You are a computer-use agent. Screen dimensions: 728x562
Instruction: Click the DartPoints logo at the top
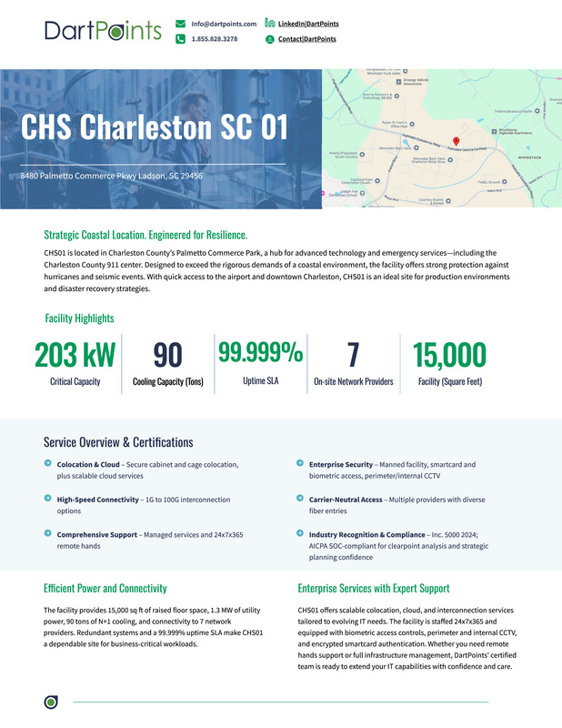tap(103, 31)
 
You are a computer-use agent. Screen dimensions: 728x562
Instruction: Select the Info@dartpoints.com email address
tap(224, 23)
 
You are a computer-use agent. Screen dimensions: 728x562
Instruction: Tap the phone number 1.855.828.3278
tap(215, 39)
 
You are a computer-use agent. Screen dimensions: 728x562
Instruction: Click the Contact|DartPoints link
tap(306, 39)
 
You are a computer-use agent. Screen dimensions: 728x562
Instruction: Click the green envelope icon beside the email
tap(181, 23)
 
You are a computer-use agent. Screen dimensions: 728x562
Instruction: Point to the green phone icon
tap(181, 39)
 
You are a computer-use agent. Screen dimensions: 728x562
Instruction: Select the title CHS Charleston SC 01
tap(148, 127)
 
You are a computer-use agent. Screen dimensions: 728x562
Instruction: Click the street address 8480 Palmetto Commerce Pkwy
tap(112, 176)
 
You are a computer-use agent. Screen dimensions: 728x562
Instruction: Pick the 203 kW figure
tap(75, 355)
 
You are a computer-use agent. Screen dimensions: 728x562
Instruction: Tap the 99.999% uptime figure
tap(260, 351)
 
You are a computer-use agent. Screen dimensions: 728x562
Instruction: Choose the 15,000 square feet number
tap(449, 355)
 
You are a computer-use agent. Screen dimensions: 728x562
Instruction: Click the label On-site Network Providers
tap(354, 382)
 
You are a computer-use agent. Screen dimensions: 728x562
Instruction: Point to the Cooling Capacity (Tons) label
tap(168, 382)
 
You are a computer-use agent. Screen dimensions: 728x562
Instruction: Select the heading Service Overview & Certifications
tap(118, 442)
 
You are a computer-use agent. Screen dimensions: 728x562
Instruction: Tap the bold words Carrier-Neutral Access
tap(345, 500)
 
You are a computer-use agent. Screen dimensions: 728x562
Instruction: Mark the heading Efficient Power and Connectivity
tap(105, 588)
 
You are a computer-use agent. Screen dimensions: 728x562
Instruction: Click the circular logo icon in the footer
tap(51, 702)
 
